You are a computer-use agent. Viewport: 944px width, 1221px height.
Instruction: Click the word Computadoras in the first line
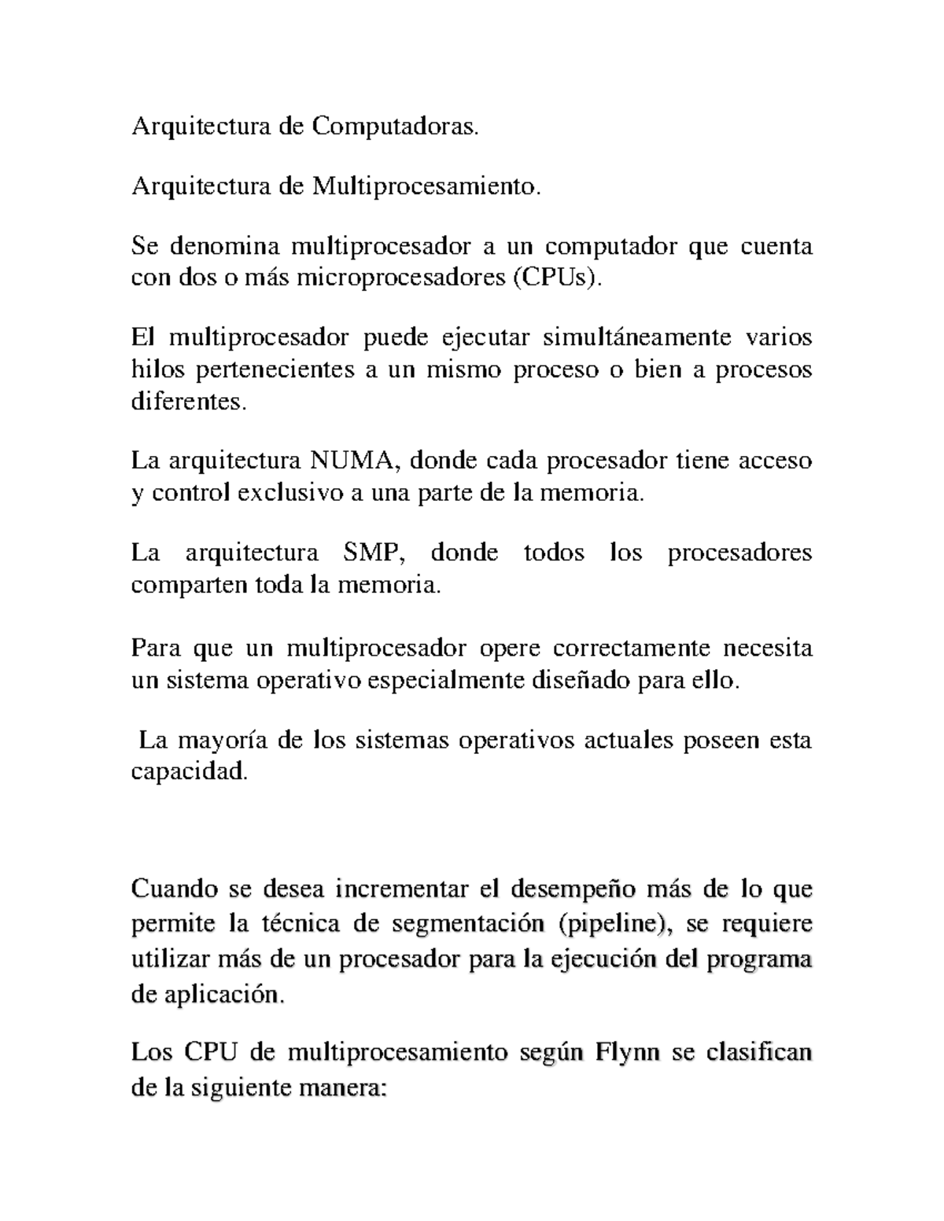coord(395,126)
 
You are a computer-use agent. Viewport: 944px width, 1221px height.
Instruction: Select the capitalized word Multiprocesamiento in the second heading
coord(427,186)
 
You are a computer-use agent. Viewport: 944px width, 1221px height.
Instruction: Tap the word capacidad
coord(189,773)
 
